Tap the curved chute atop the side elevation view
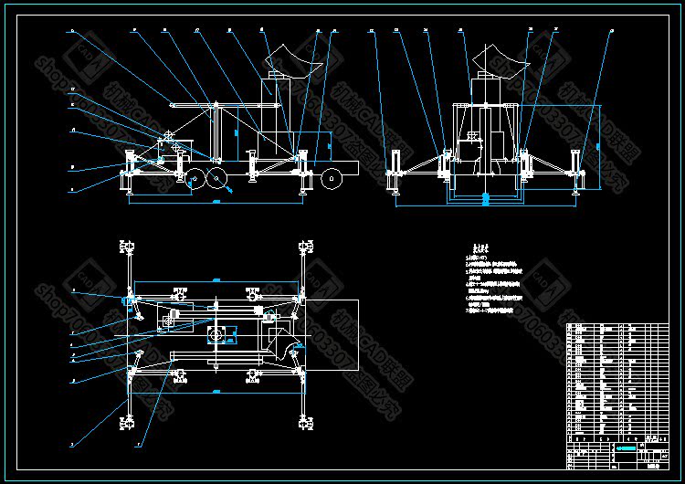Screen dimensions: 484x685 pyautogui.click(x=293, y=65)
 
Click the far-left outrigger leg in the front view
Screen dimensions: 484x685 pyautogui.click(x=395, y=170)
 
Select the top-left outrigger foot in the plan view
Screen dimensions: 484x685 pyautogui.click(x=127, y=247)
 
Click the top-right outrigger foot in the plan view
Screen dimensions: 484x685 pyautogui.click(x=304, y=247)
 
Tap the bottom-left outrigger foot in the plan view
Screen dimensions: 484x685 pyautogui.click(x=127, y=421)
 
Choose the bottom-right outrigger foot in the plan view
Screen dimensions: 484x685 pyautogui.click(x=304, y=421)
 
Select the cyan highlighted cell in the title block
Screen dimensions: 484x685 pyautogui.click(x=627, y=447)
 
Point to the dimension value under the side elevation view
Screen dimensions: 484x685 pyautogui.click(x=216, y=200)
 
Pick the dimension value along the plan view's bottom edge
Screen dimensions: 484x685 pyautogui.click(x=216, y=392)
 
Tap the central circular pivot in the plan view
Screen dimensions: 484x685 pyautogui.click(x=216, y=334)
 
